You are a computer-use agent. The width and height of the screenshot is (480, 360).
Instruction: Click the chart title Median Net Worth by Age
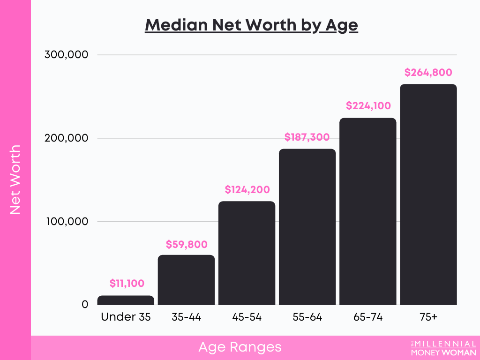point(251,25)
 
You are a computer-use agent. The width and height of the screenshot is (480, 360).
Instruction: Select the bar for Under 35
point(126,300)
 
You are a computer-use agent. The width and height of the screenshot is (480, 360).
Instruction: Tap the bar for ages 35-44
point(186,280)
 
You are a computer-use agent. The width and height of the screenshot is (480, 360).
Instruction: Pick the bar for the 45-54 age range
point(247,253)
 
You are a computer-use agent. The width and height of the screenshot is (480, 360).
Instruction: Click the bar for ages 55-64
point(307,227)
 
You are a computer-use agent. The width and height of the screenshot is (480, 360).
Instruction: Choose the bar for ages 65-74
point(367,211)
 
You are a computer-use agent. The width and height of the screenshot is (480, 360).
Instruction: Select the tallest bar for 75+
point(428,195)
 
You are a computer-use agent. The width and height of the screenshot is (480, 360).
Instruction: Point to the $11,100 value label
point(127,283)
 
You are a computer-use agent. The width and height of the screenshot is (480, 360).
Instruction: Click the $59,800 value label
point(187,244)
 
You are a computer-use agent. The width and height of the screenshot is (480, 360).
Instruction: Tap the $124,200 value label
point(247,190)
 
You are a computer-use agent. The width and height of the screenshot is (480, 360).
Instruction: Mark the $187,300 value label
point(307,137)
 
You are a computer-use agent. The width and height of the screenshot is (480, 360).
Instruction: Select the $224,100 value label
point(368,106)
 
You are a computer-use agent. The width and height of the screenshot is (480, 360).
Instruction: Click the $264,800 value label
point(428,72)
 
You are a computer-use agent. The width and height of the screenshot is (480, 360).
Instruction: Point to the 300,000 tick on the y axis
point(66,55)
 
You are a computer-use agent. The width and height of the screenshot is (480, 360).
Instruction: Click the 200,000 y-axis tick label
point(66,138)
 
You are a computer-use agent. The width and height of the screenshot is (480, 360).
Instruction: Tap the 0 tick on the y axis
point(85,305)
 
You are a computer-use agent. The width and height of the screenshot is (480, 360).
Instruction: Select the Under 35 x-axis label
point(126,317)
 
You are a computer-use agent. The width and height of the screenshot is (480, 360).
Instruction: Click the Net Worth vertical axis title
point(15,180)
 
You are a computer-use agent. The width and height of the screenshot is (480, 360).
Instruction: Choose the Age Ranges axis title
point(240,347)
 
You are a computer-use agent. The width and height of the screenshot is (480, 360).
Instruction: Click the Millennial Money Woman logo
point(443,348)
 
